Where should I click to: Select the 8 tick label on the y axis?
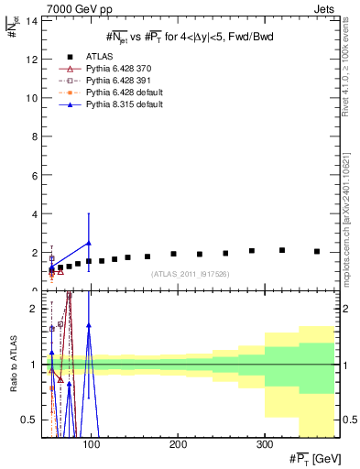click(34, 136)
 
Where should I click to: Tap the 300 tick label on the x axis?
click(264, 445)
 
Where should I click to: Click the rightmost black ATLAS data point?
click(317, 251)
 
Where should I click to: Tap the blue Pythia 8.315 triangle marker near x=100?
click(89, 244)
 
